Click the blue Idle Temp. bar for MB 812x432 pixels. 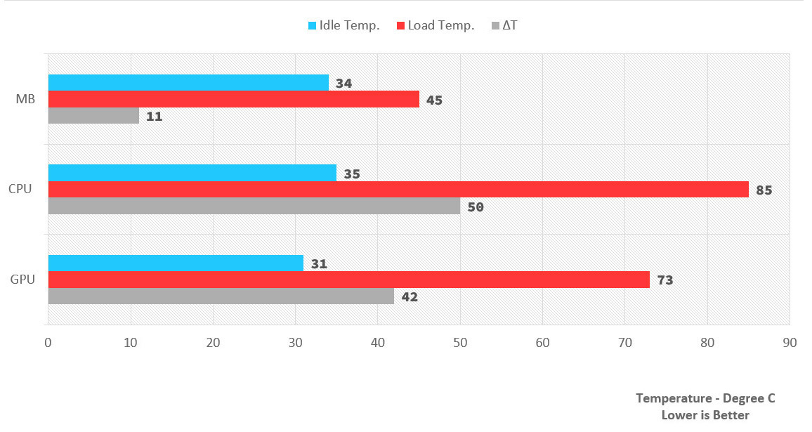(188, 83)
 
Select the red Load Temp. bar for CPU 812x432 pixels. (398, 190)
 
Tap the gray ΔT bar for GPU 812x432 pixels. (221, 296)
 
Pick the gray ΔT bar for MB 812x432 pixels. (93, 117)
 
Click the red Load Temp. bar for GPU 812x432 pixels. (348, 280)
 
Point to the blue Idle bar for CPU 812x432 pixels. (192, 173)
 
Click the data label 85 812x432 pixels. (764, 190)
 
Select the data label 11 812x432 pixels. (154, 117)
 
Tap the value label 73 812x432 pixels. (664, 280)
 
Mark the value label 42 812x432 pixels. (409, 297)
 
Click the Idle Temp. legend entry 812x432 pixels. (344, 26)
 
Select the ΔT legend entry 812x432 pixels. (505, 26)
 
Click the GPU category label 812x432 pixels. (23, 280)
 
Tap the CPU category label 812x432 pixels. (20, 189)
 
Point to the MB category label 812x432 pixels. (25, 100)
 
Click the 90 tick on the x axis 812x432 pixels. (790, 343)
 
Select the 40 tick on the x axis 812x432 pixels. (378, 343)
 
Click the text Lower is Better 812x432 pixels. (705, 415)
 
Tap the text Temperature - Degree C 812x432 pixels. (705, 398)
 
